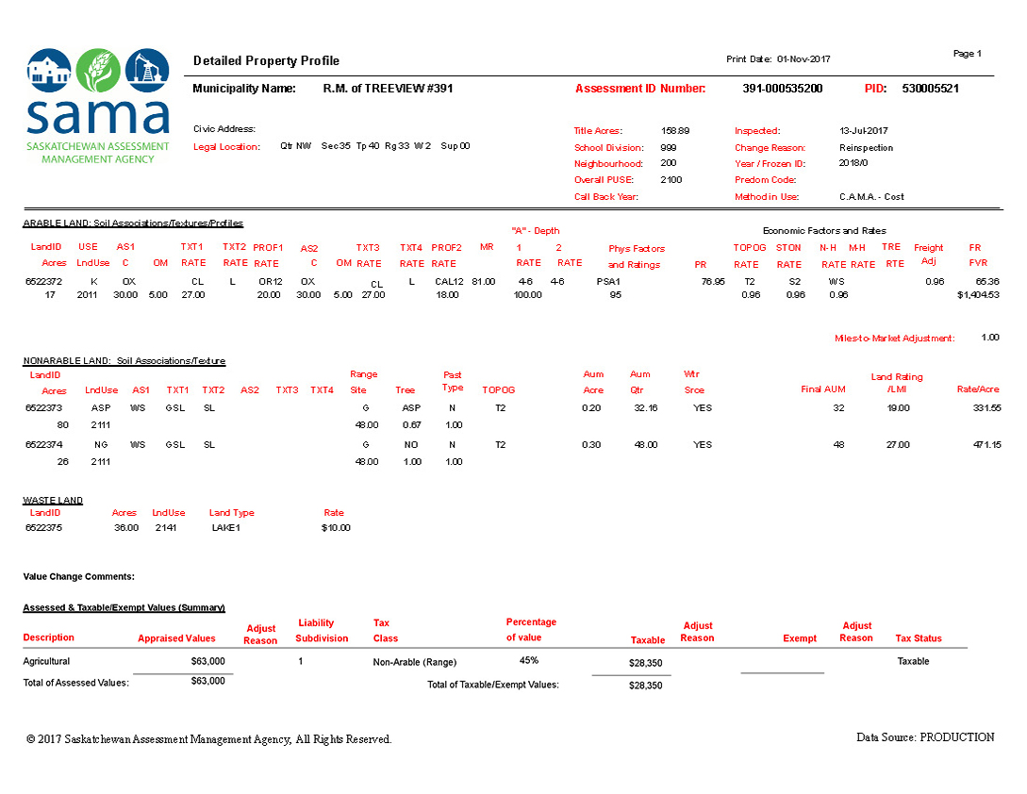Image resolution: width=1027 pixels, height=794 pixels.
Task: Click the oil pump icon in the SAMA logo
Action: (147, 69)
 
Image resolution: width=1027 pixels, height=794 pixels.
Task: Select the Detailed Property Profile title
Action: (266, 61)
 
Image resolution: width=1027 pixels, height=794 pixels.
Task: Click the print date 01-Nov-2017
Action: (803, 59)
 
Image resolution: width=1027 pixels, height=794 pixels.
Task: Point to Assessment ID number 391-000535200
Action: (782, 89)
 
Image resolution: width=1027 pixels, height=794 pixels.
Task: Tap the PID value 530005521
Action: (930, 89)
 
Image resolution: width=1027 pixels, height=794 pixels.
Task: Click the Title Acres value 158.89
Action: (675, 131)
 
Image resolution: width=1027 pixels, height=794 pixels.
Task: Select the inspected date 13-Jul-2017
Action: (865, 131)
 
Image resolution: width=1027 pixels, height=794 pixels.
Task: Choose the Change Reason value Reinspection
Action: (866, 148)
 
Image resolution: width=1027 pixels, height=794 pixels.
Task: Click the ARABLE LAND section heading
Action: (133, 223)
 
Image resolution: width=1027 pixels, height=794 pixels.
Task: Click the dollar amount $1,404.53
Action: (978, 295)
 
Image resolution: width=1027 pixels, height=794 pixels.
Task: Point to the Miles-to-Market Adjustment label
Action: (894, 338)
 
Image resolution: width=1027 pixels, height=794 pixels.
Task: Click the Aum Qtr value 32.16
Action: (645, 407)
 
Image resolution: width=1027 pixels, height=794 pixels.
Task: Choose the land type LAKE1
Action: (226, 528)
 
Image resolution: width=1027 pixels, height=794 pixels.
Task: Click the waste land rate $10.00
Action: (335, 528)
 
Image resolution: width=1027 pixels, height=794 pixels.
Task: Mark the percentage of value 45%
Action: (528, 661)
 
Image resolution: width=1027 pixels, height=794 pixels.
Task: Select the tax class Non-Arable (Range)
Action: (414, 663)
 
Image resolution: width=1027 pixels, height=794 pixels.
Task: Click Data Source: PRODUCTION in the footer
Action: (924, 737)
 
